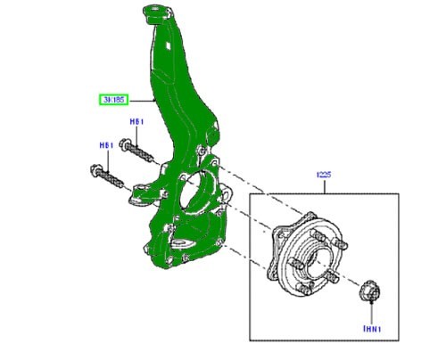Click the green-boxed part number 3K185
click(113, 100)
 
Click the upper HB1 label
click(136, 121)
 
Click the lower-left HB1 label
click(105, 144)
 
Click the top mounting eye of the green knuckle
click(151, 13)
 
